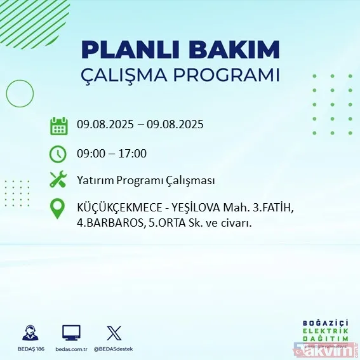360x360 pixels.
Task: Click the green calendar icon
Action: (58, 125)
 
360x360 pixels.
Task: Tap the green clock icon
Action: (58, 154)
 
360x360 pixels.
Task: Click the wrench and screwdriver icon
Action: (58, 180)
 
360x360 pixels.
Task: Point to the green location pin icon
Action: (58, 210)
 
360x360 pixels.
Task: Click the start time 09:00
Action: (91, 153)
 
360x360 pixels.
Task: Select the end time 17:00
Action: (133, 153)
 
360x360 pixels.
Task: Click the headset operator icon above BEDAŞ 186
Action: (29, 333)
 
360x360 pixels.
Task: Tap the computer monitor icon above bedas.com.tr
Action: (71, 333)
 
